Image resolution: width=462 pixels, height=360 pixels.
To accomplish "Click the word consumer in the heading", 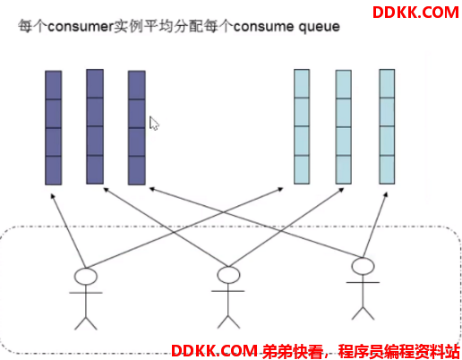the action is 81,27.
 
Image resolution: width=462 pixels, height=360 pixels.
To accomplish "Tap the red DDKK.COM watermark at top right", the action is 415,13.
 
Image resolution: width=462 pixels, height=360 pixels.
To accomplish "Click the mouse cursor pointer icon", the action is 154,124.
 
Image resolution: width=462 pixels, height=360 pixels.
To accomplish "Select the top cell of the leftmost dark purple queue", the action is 54,85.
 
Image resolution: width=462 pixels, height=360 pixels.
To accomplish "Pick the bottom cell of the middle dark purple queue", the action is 95,169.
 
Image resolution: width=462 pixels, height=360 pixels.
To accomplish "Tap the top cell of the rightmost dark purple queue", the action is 137,85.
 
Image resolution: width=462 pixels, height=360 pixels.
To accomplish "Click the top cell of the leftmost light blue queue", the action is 302,83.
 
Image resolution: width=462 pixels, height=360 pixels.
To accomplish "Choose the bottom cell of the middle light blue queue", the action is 343,169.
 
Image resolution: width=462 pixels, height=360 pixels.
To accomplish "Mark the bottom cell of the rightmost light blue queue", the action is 387,169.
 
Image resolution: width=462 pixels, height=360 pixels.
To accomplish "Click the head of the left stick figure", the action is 86,276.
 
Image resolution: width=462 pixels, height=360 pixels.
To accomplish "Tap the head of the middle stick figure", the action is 228,275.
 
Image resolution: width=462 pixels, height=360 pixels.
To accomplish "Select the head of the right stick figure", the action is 363,266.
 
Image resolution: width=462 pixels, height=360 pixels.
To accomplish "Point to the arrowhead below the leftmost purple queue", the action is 53,196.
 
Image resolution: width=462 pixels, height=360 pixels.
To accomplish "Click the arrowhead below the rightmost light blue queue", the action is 385,195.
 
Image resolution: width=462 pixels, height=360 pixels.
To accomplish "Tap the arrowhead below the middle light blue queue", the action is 340,190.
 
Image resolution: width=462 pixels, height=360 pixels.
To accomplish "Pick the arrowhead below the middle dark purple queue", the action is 107,190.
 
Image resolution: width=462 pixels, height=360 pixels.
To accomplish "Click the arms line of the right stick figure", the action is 363,282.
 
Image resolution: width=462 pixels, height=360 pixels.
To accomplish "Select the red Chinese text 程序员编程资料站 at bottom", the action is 398,351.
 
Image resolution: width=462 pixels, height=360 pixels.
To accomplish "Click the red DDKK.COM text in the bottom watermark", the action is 214,351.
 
